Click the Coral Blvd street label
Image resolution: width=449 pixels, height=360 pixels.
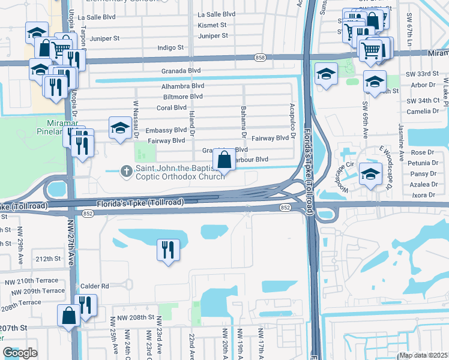[172, 107]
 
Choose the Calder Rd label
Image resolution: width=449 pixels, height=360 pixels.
[97, 286]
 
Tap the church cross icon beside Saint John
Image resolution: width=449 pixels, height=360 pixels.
[126, 171]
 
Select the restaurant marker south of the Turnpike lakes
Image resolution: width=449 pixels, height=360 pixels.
[168, 249]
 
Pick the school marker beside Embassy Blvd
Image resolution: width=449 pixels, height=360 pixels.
[120, 128]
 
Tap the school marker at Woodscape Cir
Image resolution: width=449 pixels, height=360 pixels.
[370, 175]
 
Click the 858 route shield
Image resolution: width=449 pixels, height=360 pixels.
[259, 57]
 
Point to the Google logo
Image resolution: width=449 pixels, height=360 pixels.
[20, 353]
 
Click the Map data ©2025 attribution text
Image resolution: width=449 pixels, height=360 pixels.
[423, 355]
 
